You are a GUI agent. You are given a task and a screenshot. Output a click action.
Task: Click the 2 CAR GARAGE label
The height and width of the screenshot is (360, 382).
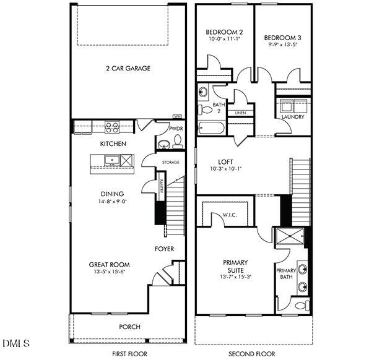point(128,69)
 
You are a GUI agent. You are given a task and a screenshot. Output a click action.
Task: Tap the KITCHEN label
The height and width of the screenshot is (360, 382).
point(113,144)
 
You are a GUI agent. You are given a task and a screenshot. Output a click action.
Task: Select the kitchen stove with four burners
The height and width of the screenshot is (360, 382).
point(112,127)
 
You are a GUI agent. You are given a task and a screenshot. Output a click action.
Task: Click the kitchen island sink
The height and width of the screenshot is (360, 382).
point(113,161)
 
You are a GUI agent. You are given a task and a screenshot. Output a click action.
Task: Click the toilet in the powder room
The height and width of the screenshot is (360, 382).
point(177,143)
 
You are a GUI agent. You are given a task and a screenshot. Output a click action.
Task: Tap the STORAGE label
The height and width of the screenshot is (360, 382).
point(171,162)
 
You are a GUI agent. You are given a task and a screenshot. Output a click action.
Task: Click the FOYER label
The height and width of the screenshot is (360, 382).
point(164,249)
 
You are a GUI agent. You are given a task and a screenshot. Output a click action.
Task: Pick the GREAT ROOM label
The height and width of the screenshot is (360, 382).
point(109,265)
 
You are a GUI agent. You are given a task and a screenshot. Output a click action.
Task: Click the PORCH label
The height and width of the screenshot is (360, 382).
point(129,327)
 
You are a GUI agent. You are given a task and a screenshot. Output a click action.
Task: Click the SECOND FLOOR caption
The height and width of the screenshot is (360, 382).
point(251,353)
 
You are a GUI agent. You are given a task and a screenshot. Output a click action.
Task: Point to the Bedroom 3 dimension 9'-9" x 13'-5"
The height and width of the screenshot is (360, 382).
point(283,44)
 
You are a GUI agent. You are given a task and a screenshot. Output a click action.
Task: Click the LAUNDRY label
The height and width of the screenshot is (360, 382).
point(292,117)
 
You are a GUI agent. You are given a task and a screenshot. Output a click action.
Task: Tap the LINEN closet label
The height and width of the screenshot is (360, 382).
point(240,113)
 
